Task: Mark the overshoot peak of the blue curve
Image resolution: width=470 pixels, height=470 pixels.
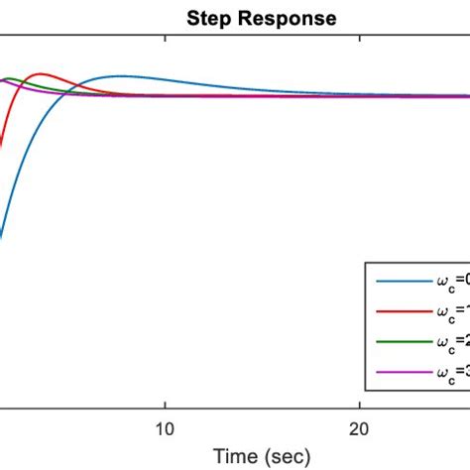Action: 121,75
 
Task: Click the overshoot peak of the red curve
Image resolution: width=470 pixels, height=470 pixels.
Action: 41,73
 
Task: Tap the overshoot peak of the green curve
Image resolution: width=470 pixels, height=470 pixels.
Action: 15,77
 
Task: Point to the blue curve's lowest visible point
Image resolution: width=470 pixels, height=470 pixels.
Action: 1,238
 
